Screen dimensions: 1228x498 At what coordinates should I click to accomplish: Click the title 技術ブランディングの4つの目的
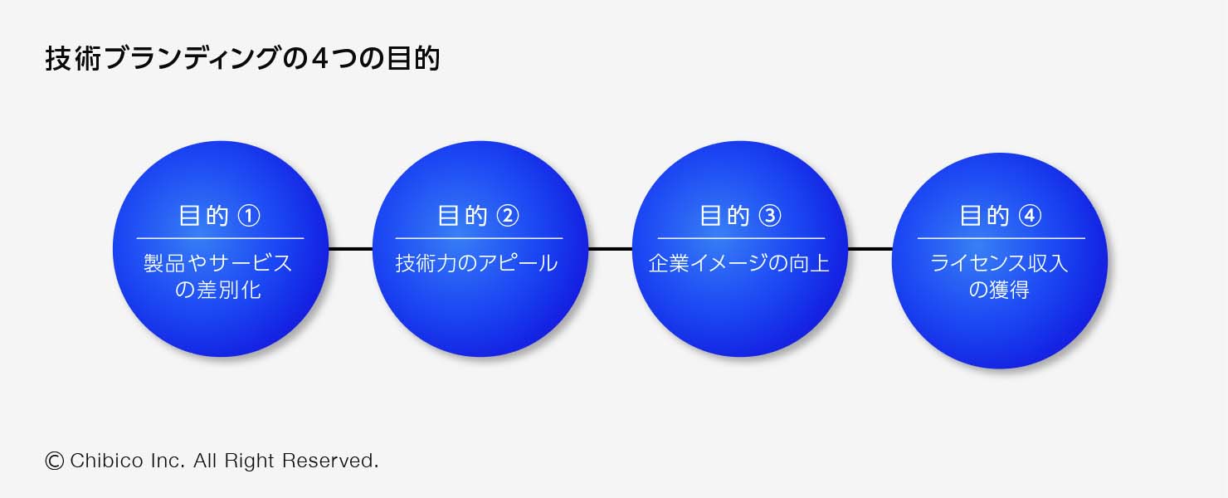(x=242, y=59)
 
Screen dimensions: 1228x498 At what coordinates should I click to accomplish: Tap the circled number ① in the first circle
(x=249, y=216)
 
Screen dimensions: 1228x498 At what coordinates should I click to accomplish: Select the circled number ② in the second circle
(x=508, y=216)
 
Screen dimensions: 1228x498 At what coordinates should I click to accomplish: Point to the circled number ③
(x=770, y=216)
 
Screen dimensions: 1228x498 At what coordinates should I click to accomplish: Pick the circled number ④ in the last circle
(x=1030, y=216)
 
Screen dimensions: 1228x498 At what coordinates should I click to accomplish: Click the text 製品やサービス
(x=217, y=263)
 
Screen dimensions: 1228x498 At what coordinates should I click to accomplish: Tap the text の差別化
(x=217, y=290)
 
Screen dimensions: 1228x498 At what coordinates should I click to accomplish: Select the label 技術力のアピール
(x=476, y=263)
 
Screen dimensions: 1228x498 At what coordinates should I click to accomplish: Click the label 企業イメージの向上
(x=739, y=263)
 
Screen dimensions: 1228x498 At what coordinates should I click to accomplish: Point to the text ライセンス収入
(x=999, y=263)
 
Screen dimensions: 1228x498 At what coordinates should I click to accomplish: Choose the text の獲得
(x=999, y=290)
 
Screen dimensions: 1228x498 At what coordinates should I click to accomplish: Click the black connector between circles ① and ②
(x=351, y=249)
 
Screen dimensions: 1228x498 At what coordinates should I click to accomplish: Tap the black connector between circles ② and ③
(x=610, y=249)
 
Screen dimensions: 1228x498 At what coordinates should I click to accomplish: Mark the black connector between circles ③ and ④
(x=870, y=249)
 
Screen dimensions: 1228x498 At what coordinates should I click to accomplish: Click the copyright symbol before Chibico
(x=54, y=461)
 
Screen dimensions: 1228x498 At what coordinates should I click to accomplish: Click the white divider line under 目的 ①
(x=220, y=238)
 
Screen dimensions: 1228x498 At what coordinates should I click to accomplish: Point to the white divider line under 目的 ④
(x=1001, y=238)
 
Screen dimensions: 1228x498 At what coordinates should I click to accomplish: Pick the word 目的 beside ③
(x=724, y=216)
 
